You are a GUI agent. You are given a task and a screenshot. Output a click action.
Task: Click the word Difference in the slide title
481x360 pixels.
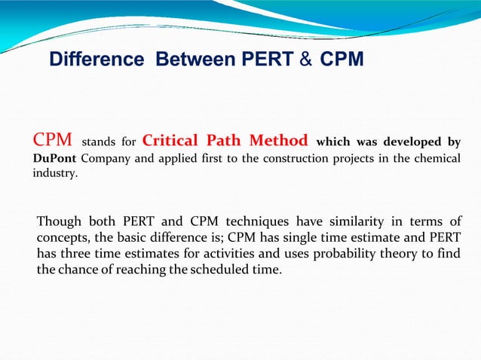(x=97, y=59)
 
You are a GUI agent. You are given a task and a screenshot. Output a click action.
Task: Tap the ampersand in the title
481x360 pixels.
(x=305, y=59)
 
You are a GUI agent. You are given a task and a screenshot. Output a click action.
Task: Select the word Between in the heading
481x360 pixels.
(x=194, y=59)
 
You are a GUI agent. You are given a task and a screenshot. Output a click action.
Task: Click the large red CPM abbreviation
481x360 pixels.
(x=52, y=140)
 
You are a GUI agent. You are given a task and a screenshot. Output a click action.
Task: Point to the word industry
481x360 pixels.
(x=54, y=173)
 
